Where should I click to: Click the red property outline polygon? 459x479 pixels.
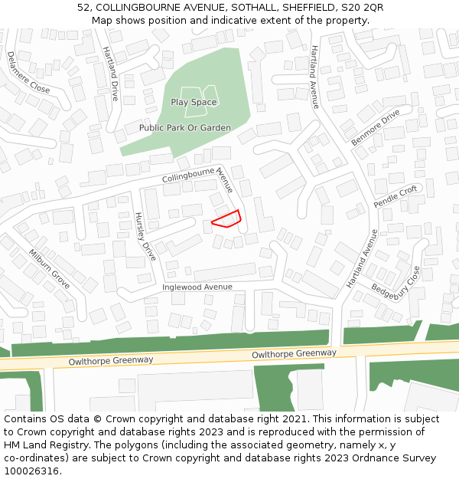226,219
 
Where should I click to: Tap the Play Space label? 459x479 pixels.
194,102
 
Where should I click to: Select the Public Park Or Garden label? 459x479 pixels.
185,128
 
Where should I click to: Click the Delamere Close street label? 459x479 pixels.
28,73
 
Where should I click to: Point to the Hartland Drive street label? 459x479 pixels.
111,74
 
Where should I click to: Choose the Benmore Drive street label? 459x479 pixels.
376,127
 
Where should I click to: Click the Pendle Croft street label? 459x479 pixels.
396,196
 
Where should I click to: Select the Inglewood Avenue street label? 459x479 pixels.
197,287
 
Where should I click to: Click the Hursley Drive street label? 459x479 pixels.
145,236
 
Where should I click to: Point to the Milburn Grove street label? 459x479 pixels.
49,269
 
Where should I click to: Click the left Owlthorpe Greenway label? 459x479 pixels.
111,359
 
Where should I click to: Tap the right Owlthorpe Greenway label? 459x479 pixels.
295,353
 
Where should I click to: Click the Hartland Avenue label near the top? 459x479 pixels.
314,77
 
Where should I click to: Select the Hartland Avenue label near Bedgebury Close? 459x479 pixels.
362,258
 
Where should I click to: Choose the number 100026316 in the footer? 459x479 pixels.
31,471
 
